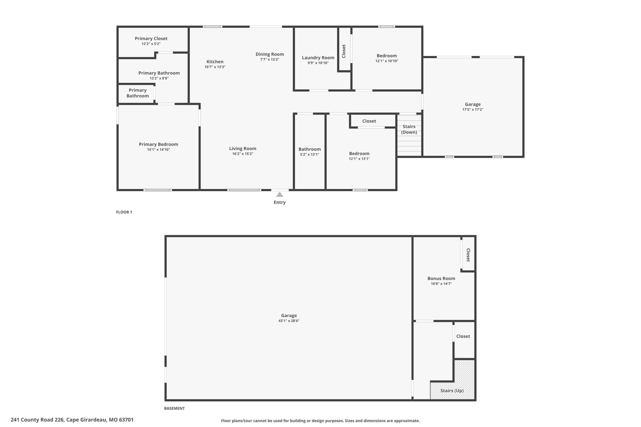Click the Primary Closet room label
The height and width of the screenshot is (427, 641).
click(x=151, y=38)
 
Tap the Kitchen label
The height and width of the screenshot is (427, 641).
click(x=215, y=62)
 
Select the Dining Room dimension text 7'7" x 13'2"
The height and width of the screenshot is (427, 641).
click(x=270, y=59)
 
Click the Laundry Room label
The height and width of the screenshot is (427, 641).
click(x=318, y=58)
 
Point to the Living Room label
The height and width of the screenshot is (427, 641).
click(x=243, y=149)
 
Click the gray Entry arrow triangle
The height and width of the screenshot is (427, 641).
click(x=279, y=194)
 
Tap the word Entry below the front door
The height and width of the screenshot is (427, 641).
click(x=279, y=202)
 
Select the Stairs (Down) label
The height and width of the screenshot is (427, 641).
click(x=409, y=129)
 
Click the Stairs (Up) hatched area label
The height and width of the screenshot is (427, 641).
click(x=452, y=391)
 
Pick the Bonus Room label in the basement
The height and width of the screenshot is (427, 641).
click(x=441, y=278)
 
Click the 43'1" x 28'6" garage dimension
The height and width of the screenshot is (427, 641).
click(x=289, y=321)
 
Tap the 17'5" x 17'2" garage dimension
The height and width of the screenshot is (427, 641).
click(x=473, y=109)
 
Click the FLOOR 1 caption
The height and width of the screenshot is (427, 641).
click(x=124, y=212)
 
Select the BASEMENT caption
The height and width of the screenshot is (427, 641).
click(x=174, y=408)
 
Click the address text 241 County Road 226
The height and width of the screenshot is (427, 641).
click(x=37, y=420)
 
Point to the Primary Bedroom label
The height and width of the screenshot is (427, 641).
click(x=158, y=144)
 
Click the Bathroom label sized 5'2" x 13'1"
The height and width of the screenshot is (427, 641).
click(x=310, y=149)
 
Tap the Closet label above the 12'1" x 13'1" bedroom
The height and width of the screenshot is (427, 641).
click(x=369, y=121)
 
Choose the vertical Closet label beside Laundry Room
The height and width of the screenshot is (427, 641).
click(x=344, y=51)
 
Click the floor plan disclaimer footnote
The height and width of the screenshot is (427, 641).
click(x=320, y=421)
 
